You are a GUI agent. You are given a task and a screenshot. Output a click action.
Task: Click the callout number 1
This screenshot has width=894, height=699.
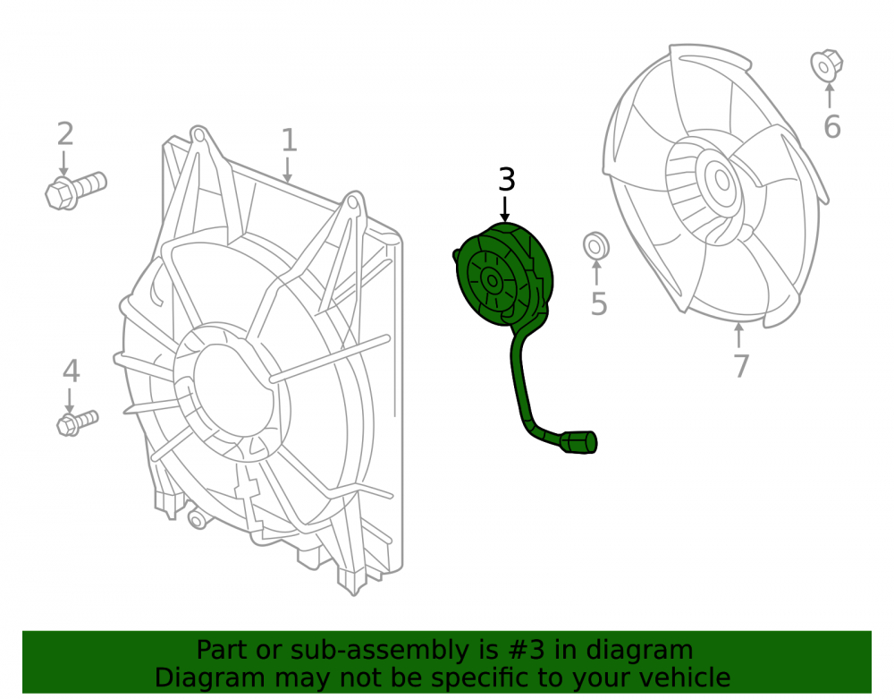[289, 140]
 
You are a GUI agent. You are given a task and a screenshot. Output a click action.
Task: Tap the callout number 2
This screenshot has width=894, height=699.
[65, 134]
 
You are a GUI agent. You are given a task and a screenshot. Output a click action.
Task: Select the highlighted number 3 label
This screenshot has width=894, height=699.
[506, 180]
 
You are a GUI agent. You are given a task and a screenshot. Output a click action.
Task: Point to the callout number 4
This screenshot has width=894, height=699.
[71, 371]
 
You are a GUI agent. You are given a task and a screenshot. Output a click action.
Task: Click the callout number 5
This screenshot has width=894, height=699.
[599, 303]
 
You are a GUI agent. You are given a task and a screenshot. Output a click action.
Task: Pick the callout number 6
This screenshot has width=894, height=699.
[831, 127]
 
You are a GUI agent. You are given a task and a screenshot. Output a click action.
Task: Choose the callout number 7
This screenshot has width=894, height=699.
[740, 366]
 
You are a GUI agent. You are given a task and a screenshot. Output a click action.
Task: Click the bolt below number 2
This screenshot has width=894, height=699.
[76, 191]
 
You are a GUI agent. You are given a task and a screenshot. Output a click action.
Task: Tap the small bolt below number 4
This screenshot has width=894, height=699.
[78, 422]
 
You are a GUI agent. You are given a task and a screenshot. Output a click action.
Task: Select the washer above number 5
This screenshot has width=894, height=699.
[595, 246]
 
